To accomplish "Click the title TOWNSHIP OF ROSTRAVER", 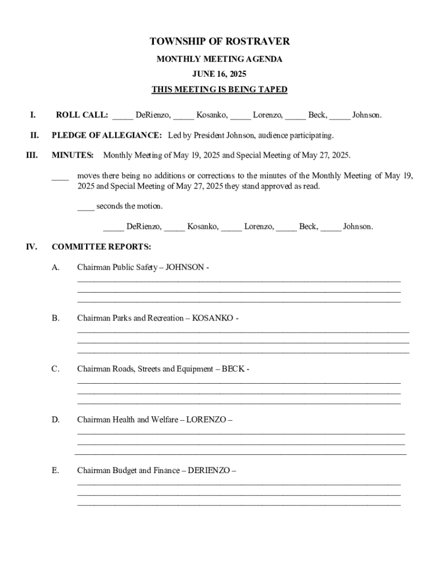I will [219, 42].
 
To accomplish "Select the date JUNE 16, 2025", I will [219, 74].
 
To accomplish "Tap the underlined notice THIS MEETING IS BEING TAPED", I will [219, 90].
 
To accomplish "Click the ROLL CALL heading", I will [82, 115].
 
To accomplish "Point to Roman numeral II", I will [34, 136].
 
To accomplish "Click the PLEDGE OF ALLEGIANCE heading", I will [107, 136].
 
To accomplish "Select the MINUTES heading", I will [73, 155].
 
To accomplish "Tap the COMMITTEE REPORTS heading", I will [101, 247].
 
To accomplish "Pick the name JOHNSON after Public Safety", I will [185, 267].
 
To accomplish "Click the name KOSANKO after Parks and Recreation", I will [213, 318].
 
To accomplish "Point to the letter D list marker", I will [55, 420].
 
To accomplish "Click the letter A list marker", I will [55, 267].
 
